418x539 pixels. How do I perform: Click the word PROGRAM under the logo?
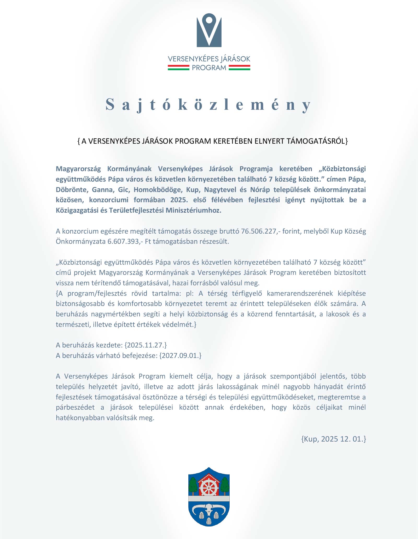(209, 68)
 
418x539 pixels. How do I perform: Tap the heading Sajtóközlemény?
(208, 105)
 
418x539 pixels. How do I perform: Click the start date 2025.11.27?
(146, 345)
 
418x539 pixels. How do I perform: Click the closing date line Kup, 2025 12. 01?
(334, 439)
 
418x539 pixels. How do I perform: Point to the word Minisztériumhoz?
(193, 211)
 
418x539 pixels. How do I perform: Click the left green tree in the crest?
(193, 485)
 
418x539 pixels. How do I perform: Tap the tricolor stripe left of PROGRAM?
(178, 68)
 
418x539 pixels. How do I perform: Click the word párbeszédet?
(76, 407)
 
